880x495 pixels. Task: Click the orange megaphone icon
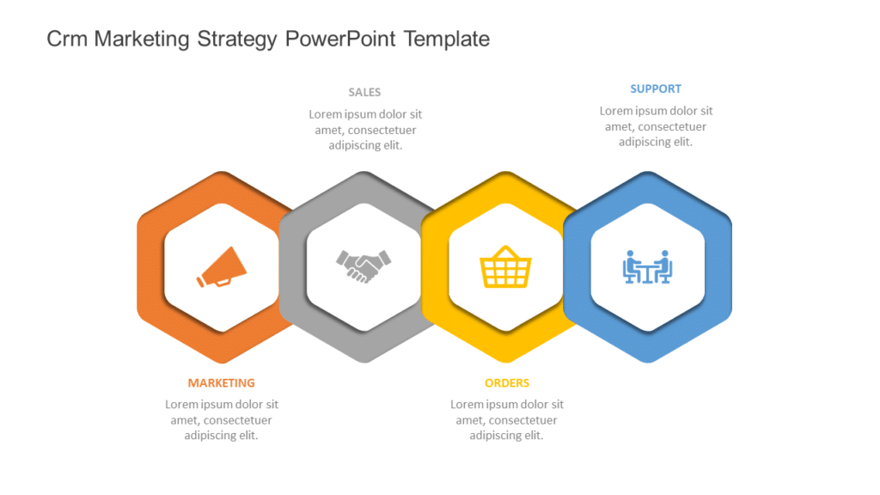point(222,267)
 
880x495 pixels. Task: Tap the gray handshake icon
point(364,266)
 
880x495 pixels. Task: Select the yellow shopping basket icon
point(505,267)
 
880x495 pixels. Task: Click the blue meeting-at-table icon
point(647,267)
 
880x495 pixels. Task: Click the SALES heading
point(364,92)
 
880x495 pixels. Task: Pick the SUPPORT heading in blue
point(656,89)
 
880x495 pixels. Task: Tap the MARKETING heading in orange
point(222,383)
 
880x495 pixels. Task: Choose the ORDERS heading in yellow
point(507,383)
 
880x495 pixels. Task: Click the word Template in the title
point(447,39)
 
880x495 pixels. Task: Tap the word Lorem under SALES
point(326,114)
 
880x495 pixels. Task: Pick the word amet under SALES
point(330,131)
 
